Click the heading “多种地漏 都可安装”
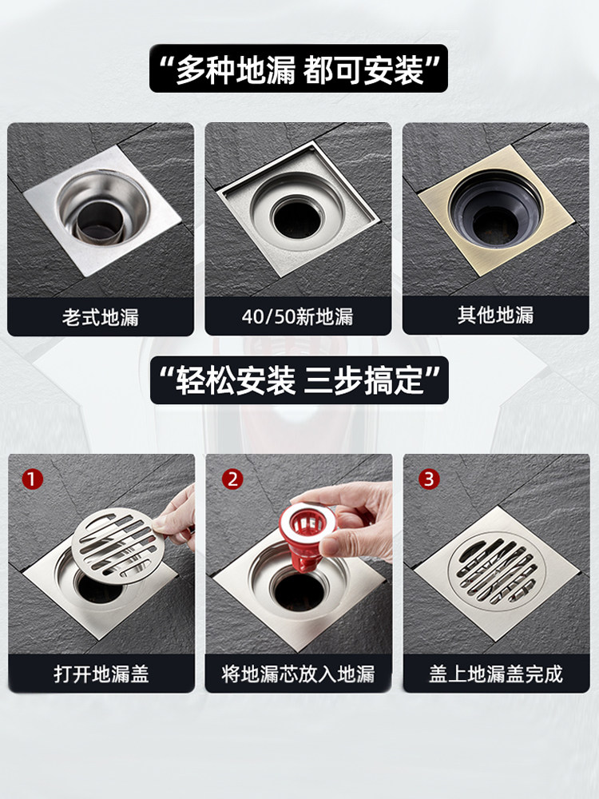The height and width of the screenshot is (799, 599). coord(299,70)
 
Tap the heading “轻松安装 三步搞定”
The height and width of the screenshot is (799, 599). coord(299,380)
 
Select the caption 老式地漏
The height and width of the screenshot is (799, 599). coord(101,317)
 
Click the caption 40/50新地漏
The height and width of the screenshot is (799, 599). coord(297,316)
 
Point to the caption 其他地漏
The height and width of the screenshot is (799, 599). coord(496,316)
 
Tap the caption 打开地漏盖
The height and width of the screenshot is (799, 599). coord(101,674)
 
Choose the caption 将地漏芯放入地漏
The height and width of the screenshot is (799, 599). coord(298,674)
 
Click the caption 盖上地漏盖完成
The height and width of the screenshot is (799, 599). coord(496,674)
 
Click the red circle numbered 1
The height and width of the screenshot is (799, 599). coord(33,479)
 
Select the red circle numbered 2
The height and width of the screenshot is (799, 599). coord(232,479)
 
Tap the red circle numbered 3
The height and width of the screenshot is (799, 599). coord(429,479)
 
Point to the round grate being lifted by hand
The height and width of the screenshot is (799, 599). coord(114,545)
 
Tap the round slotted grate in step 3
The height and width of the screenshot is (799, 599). coord(497,570)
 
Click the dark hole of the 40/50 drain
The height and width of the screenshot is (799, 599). coord(297,218)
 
